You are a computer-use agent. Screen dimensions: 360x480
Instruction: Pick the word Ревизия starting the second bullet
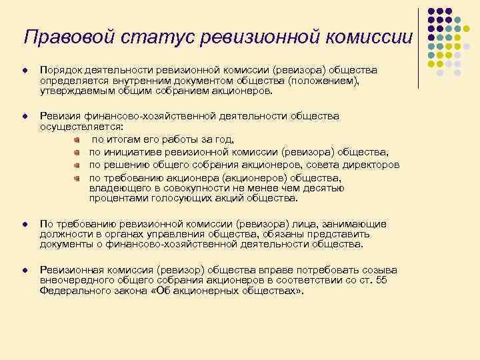coord(58,116)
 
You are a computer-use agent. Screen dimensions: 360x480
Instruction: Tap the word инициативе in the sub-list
coord(130,152)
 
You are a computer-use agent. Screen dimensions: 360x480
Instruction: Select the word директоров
coord(371,165)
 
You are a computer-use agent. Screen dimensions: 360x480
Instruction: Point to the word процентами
coord(114,198)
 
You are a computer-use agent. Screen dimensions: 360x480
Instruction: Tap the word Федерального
coord(71,290)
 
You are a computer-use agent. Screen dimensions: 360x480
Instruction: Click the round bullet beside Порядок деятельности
coord(24,71)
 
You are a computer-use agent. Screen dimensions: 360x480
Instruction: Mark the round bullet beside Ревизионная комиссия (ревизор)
coord(24,270)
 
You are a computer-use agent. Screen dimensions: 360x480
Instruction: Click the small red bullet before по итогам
coord(77,139)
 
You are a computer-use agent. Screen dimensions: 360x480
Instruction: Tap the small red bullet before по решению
coord(77,165)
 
